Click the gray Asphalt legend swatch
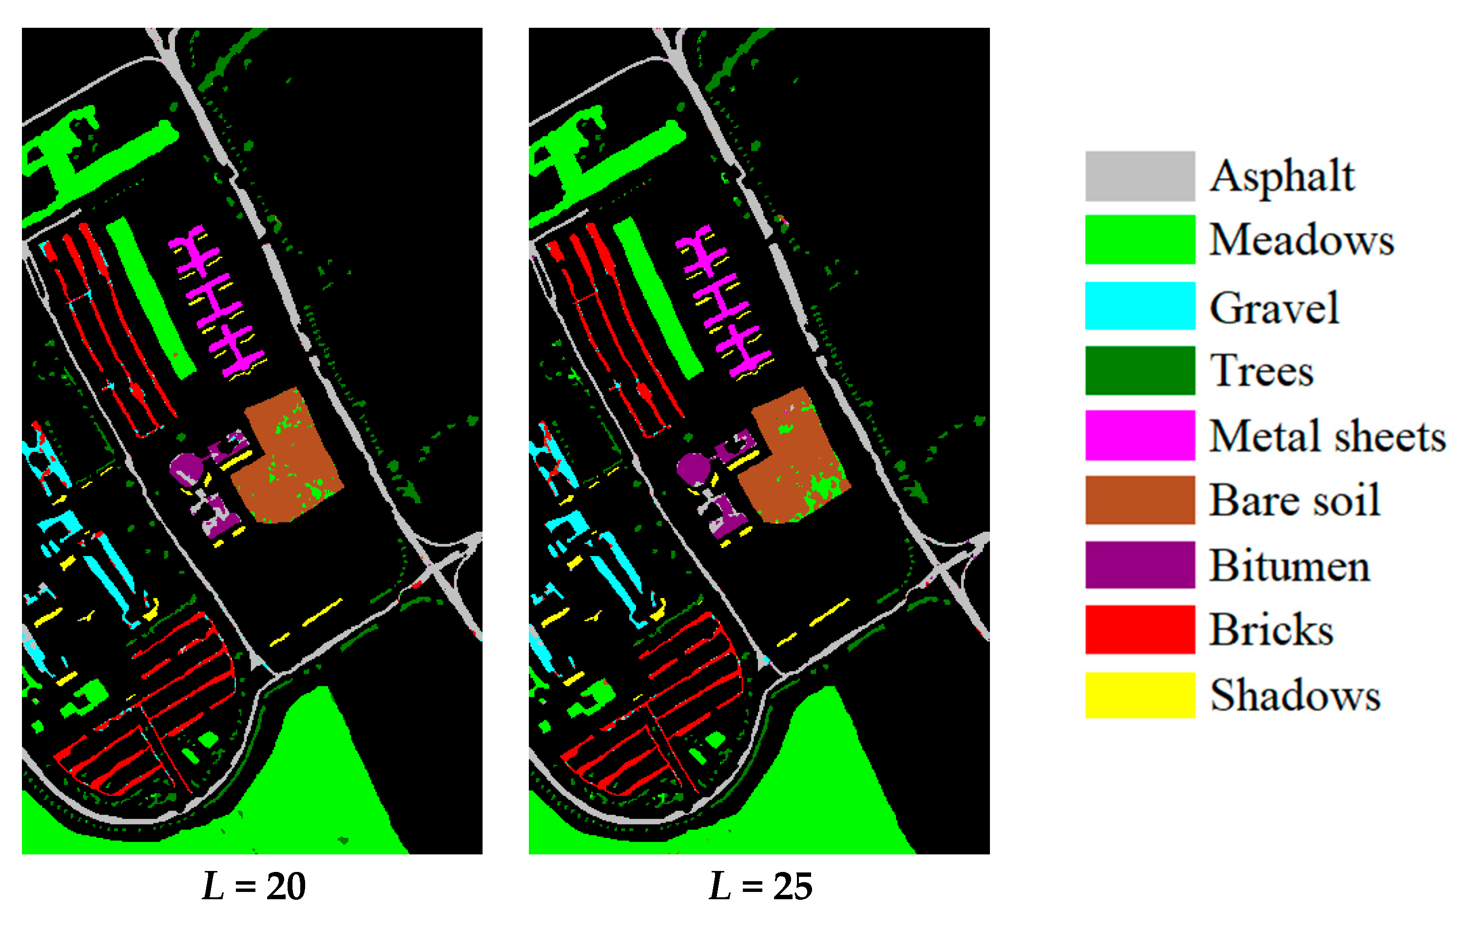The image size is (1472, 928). coord(1140,176)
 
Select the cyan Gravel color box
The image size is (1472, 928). coord(1140,306)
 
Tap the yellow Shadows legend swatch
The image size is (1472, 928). coord(1140,695)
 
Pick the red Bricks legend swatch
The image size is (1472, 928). coord(1140,630)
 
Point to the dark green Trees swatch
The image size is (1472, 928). coord(1140,370)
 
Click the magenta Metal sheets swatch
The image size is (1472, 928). coord(1140,435)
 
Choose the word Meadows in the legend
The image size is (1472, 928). coord(1301,240)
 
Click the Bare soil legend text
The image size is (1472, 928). coord(1294,500)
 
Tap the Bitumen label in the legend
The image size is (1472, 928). coord(1289,565)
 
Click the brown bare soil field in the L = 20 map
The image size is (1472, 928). coord(293,464)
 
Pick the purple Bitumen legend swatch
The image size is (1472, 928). coord(1140,565)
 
